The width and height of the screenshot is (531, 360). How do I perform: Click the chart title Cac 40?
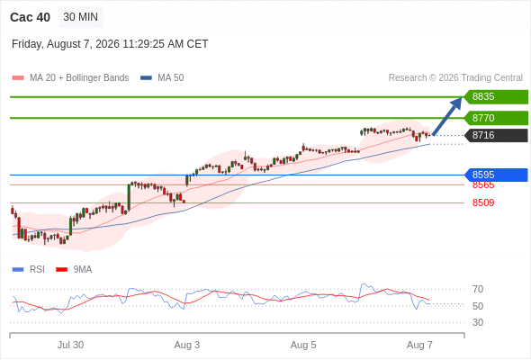(x=30, y=17)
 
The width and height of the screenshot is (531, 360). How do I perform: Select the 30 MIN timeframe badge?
(x=81, y=17)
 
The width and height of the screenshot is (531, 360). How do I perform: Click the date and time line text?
(x=110, y=44)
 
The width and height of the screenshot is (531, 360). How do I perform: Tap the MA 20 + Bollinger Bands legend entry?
(x=70, y=78)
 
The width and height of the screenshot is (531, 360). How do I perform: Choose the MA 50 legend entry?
(x=162, y=78)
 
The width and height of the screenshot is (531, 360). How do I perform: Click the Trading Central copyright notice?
(x=455, y=78)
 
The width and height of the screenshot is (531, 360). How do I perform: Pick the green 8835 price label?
(x=496, y=97)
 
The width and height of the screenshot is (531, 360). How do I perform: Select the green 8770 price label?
(x=496, y=118)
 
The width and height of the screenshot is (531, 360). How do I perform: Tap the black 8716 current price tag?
(x=496, y=136)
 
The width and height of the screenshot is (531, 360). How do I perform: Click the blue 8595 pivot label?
(x=496, y=175)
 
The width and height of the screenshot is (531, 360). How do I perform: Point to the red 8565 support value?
(x=483, y=185)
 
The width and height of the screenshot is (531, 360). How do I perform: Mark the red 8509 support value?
(x=483, y=202)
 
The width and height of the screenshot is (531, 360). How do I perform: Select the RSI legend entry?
(x=29, y=270)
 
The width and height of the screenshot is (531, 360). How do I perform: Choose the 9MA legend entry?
(x=74, y=270)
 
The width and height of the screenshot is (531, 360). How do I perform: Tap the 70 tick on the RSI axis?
(x=478, y=289)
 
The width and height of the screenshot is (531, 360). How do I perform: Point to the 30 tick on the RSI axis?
(x=478, y=322)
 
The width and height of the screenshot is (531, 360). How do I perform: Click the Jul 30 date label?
(x=70, y=345)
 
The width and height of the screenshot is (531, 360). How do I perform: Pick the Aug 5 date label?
(x=303, y=345)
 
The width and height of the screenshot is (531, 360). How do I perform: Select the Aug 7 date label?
(x=419, y=345)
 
